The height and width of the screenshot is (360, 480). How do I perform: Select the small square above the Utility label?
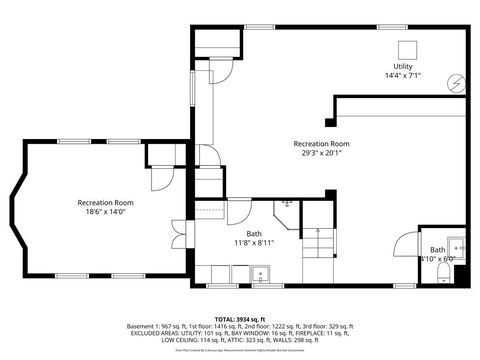pos(407,50)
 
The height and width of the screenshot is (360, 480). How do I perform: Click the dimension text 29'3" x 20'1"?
pos(320,153)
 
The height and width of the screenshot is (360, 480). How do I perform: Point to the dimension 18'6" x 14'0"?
pos(105,212)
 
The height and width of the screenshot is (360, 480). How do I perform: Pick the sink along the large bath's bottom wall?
pos(260,273)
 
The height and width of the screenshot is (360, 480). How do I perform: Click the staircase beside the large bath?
pos(318,241)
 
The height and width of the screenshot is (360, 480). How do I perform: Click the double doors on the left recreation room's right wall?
pos(177,233)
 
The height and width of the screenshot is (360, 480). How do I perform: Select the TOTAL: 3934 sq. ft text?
pos(240,317)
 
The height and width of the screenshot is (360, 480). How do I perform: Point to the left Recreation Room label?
pos(105,202)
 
